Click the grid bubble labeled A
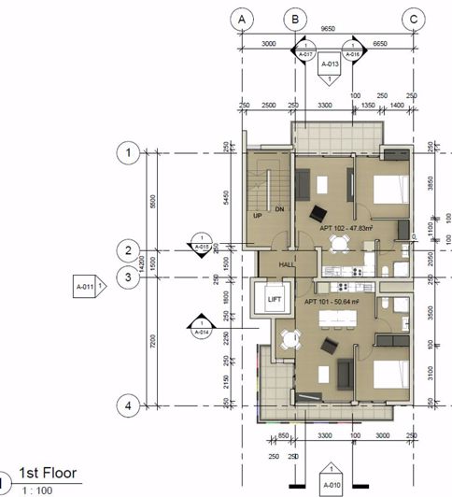pos(242,19)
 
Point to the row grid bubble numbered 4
pos(128,406)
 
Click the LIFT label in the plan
pos(274,300)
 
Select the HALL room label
pos(286,264)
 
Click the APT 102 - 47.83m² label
pos(346,227)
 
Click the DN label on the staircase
pos(278,210)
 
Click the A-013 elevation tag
pos(329,65)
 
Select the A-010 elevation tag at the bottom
pos(331,486)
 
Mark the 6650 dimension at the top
pos(380,43)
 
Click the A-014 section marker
pos(200,324)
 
